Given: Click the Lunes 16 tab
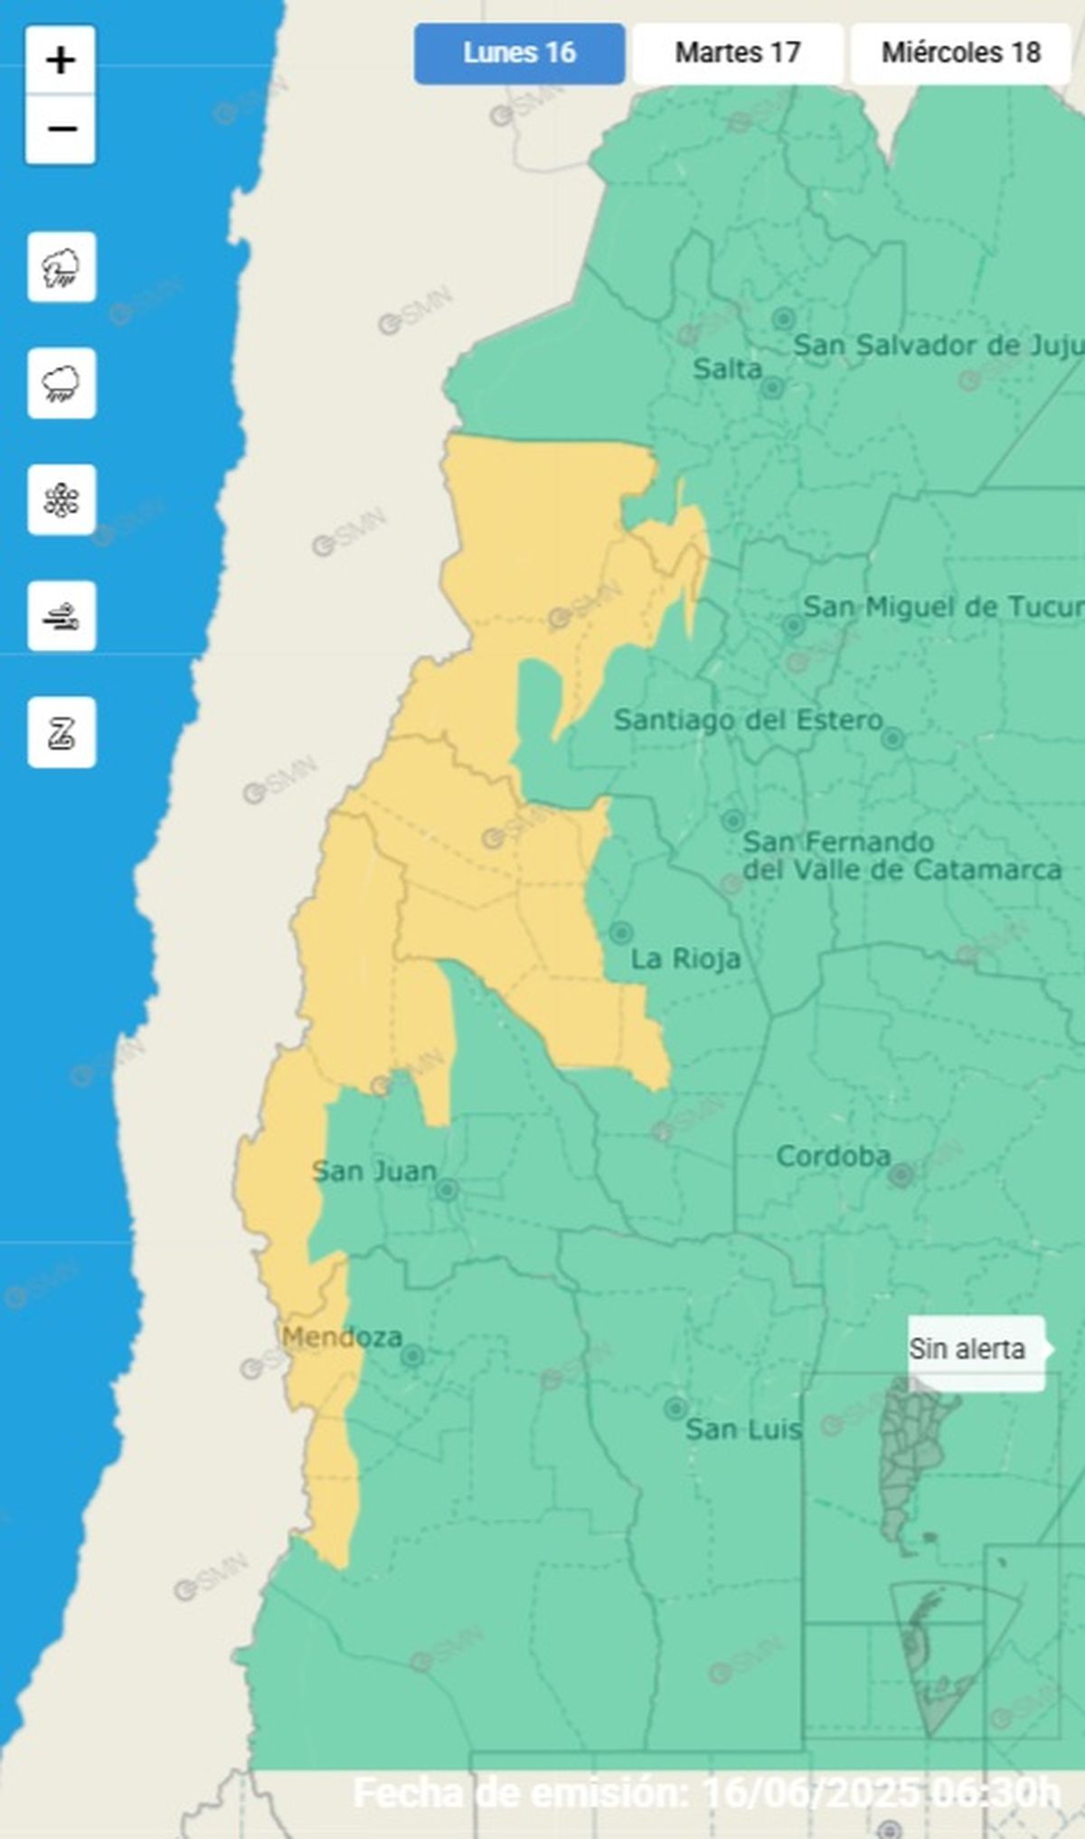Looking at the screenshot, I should (519, 53).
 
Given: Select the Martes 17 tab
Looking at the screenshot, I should (738, 53).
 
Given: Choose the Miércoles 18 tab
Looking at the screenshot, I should (960, 53).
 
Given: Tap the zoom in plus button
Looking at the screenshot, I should (61, 61).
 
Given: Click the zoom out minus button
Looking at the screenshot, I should (61, 129).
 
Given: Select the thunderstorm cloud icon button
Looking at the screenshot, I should (61, 268).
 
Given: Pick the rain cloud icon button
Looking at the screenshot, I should (61, 383).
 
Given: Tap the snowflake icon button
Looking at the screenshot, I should (61, 500).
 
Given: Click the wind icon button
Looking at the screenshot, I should (61, 617).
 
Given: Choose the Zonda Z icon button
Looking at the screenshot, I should (61, 732).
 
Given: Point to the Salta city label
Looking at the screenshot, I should (727, 369).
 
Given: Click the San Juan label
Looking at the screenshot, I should (373, 1172).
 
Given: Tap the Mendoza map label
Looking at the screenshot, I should (342, 1337).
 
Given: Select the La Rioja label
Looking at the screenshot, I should (685, 958).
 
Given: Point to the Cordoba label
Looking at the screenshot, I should (833, 1156).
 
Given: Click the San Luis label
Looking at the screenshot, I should (743, 1429).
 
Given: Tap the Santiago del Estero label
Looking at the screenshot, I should (748, 721).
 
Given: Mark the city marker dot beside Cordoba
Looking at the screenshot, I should (901, 1175).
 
